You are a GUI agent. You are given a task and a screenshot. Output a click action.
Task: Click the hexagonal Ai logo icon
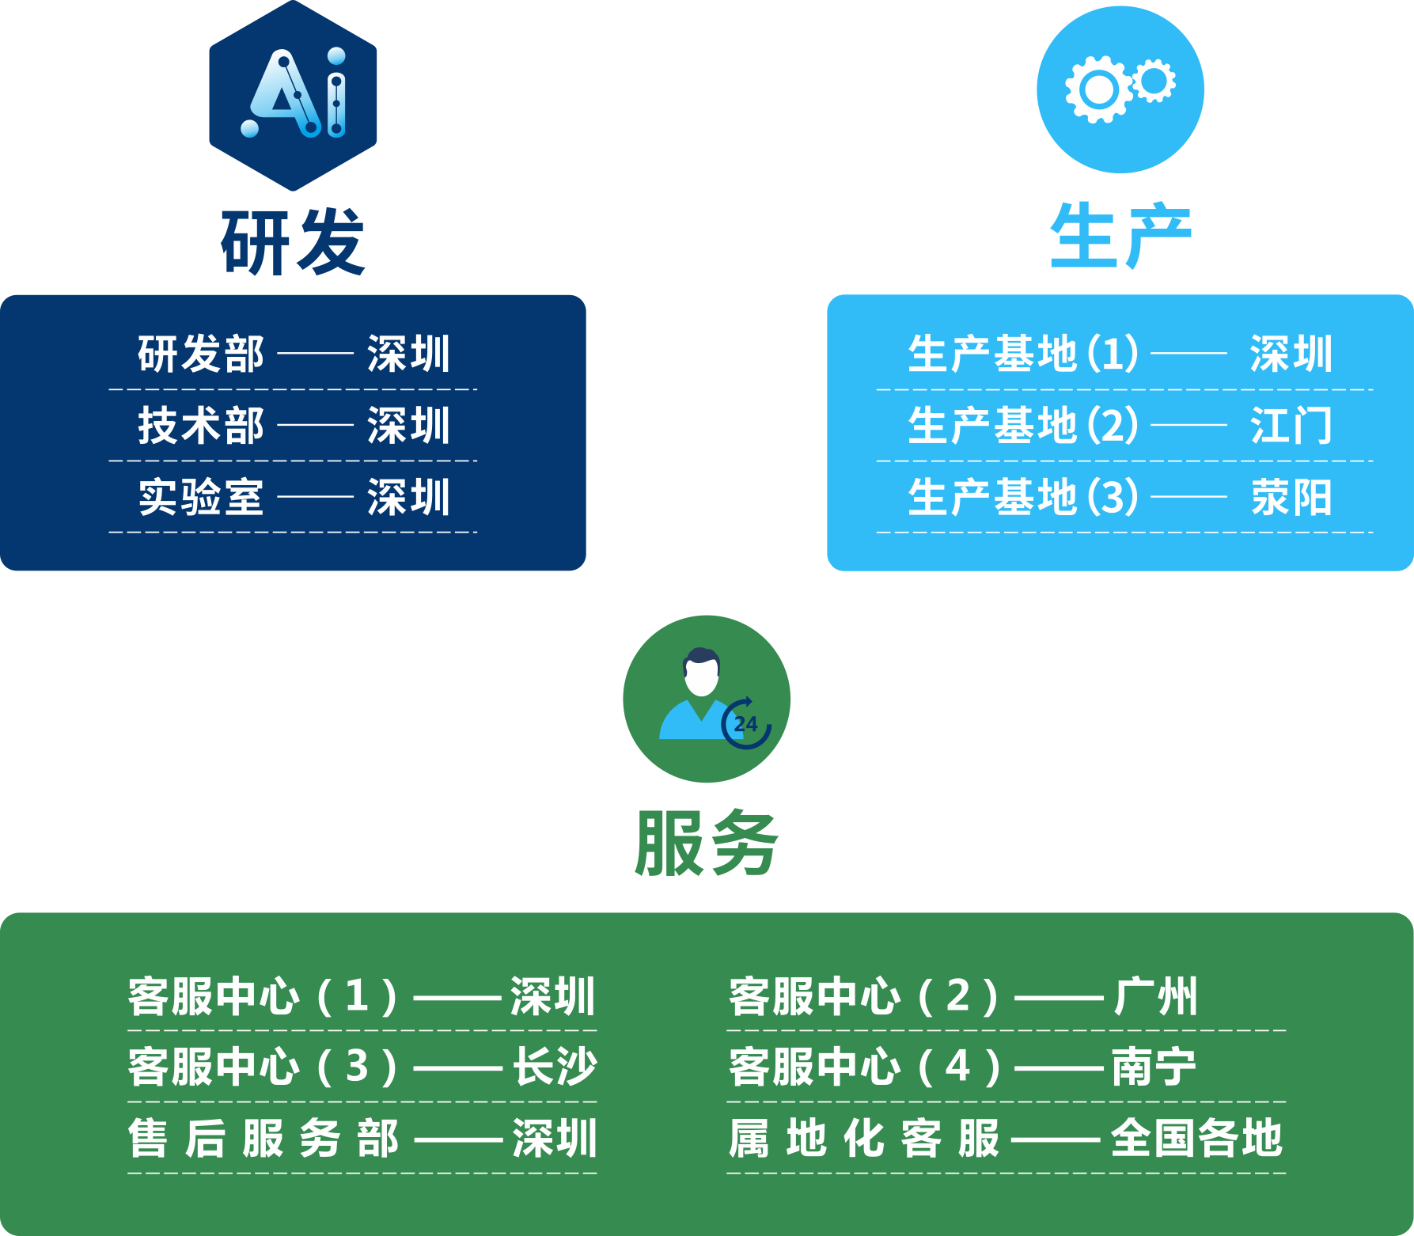293,96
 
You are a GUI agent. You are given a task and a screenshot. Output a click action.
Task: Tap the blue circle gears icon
1120,89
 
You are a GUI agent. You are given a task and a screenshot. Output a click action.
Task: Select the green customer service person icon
706,699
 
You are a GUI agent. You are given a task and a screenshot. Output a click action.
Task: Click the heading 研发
293,242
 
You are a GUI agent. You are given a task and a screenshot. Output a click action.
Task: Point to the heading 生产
1120,236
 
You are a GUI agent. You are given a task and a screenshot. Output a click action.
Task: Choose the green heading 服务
707,844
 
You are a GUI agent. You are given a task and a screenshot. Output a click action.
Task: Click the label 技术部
201,426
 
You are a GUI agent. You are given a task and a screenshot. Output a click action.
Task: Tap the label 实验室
201,498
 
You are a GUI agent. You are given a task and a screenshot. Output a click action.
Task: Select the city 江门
1291,426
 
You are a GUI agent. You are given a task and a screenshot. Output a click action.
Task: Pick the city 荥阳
1291,498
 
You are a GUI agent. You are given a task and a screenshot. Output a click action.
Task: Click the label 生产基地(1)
1023,354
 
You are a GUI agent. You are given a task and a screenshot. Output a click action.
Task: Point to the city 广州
1156,996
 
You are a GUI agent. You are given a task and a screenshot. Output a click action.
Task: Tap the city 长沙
555,1067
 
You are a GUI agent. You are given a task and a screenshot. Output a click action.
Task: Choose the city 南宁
1154,1067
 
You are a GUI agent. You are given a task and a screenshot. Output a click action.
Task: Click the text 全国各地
1196,1139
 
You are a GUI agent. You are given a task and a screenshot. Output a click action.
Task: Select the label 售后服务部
263,1139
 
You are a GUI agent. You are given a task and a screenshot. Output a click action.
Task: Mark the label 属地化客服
864,1139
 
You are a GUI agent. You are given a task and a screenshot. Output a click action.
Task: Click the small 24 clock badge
745,723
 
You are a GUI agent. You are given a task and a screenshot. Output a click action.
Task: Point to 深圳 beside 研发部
408,354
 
